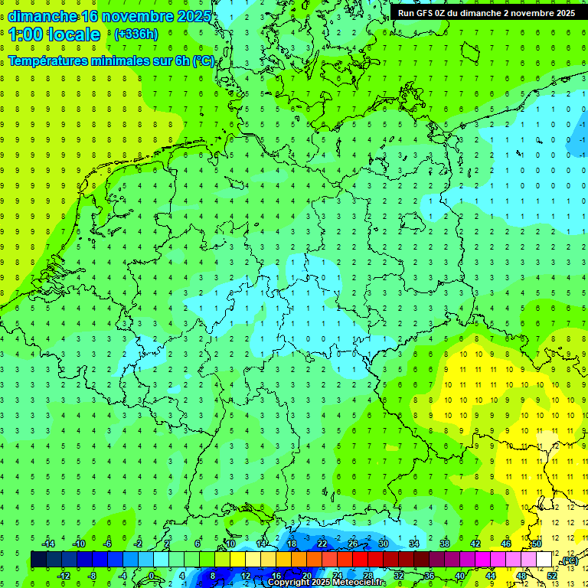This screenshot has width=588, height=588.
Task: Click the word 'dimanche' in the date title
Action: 42,16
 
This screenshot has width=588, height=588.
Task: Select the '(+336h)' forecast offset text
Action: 136,34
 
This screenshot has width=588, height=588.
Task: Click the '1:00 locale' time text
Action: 54,34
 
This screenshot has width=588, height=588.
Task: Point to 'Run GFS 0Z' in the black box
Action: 423,13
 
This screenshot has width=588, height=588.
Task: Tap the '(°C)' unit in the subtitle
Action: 203,60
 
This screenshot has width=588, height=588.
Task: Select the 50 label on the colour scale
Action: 537,544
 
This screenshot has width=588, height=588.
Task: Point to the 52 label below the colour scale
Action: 552,576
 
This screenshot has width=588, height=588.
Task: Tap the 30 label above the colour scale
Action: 384,544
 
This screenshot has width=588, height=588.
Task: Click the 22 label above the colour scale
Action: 322,544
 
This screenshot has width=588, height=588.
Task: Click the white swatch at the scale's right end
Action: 544,560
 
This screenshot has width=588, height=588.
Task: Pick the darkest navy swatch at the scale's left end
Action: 38,560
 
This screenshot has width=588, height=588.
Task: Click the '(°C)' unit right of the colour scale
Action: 569,561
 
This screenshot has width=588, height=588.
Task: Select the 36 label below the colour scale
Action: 430,576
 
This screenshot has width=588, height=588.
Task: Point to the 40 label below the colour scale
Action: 460,576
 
